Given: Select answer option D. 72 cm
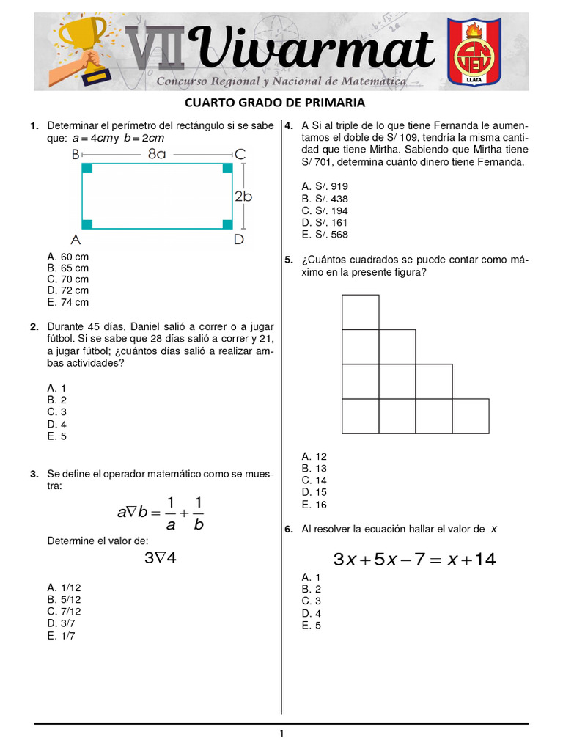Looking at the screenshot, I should pyautogui.click(x=67, y=290).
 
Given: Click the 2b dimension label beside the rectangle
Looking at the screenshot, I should pyautogui.click(x=244, y=197).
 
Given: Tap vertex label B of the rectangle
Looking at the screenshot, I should pyautogui.click(x=76, y=154).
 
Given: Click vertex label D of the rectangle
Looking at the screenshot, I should pyautogui.click(x=238, y=240).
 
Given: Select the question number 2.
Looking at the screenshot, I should pyautogui.click(x=34, y=326).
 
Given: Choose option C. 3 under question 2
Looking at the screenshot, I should pyautogui.click(x=57, y=411).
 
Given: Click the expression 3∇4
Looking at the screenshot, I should pyautogui.click(x=161, y=558).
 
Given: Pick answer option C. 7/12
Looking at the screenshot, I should pyautogui.click(x=64, y=611).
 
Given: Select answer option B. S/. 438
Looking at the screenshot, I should pyautogui.click(x=325, y=199).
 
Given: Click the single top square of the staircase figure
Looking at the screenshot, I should pyautogui.click(x=361, y=312).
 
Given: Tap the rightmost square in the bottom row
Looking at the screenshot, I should pyautogui.click(x=471, y=416).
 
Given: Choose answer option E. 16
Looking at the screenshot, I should pyautogui.click(x=314, y=505).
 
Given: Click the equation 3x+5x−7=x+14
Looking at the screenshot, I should pyautogui.click(x=414, y=560).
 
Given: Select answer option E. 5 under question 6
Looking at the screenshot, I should pyautogui.click(x=312, y=626).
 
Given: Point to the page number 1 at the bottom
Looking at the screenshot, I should pyautogui.click(x=281, y=733).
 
